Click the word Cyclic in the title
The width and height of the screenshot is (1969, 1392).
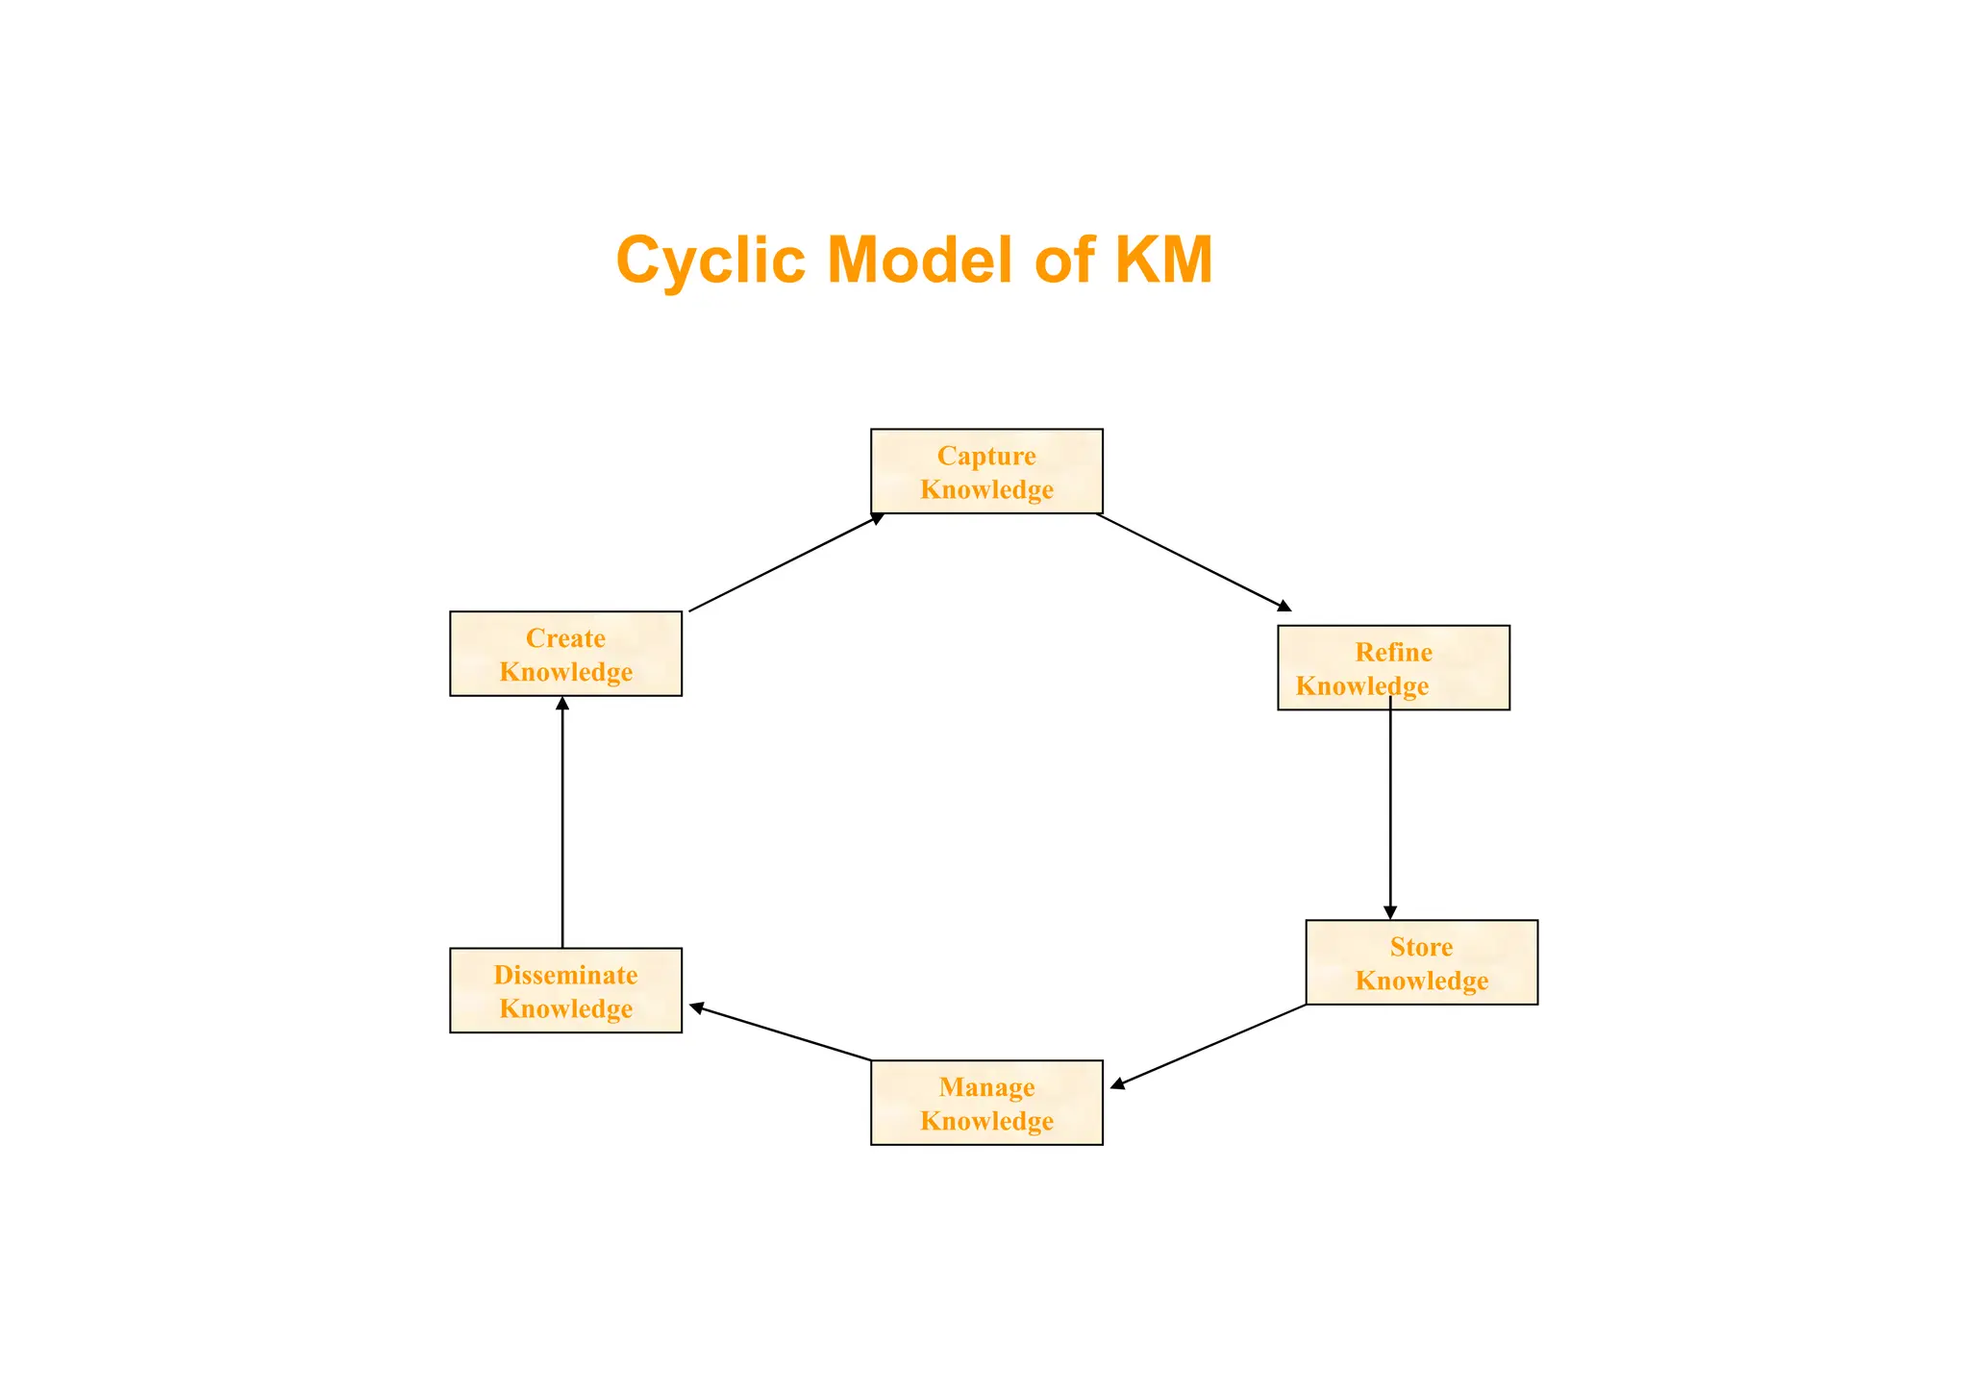click(x=710, y=261)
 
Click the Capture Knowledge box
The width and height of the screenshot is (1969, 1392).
click(x=986, y=471)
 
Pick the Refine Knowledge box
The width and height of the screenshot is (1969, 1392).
click(x=1393, y=668)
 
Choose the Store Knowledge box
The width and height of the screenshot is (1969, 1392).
click(x=1421, y=962)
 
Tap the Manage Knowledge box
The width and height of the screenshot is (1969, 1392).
click(x=986, y=1103)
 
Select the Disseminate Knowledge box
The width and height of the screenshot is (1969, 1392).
click(x=565, y=990)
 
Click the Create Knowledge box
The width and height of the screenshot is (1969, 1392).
click(x=565, y=654)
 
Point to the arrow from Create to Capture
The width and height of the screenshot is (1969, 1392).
click(x=785, y=562)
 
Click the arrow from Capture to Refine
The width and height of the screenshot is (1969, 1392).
click(x=1192, y=561)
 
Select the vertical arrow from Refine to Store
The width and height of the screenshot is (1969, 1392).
click(x=1390, y=808)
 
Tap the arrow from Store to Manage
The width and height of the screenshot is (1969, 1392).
click(x=1209, y=1046)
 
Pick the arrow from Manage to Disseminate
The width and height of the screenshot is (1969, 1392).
click(x=781, y=1032)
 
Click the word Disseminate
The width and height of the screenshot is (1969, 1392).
click(x=565, y=975)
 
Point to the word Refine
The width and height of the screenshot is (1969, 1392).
click(x=1393, y=652)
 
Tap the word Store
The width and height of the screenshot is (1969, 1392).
click(x=1421, y=947)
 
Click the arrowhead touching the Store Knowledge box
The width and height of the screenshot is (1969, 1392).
click(x=1390, y=912)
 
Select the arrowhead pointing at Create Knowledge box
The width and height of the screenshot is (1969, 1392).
click(x=562, y=704)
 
